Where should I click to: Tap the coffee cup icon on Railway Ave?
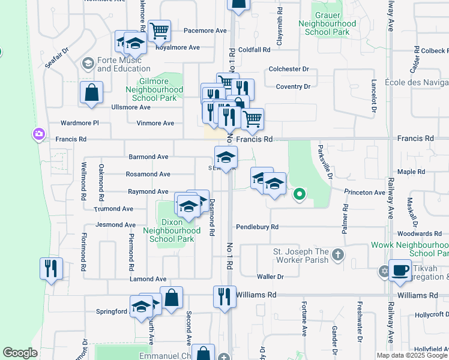tap(400, 270)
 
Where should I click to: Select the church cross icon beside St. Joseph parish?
tap(338, 255)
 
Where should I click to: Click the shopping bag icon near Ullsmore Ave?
tap(91, 93)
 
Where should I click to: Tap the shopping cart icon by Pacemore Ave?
tap(159, 30)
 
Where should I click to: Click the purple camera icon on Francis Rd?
tap(39, 133)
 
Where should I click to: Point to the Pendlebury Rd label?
tap(257, 227)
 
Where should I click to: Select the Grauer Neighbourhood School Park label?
tap(327, 23)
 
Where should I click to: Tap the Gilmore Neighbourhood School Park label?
tap(154, 89)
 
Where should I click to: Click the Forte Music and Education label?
tap(124, 64)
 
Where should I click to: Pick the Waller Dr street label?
tap(270, 277)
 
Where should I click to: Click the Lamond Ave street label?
tap(148, 279)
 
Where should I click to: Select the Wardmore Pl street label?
tap(79, 123)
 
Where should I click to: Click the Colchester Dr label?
tap(289, 69)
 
